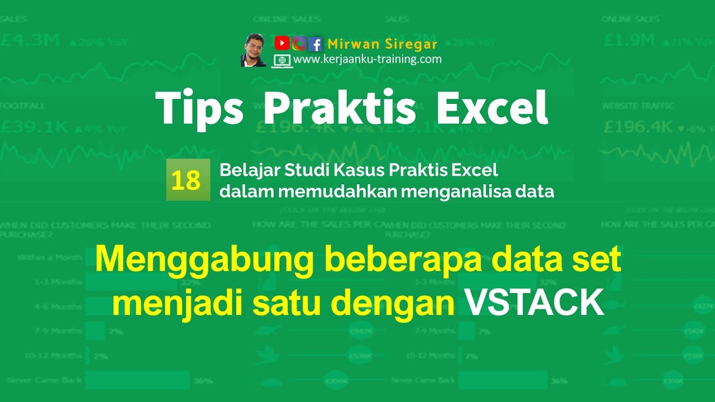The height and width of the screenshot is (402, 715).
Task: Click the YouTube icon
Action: point(282,43)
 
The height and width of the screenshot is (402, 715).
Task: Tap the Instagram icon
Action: point(299,43)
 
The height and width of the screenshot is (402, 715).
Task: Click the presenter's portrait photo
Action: point(254,51)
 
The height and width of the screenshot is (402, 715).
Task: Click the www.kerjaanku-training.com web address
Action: point(368,59)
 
